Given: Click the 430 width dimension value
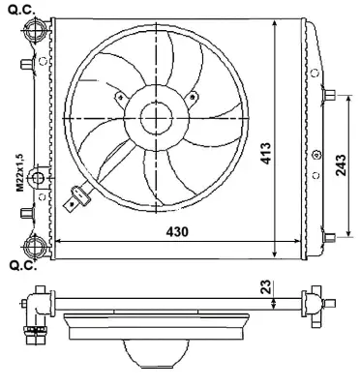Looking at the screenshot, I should (x=175, y=232).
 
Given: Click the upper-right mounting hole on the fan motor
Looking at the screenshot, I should (x=193, y=95).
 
